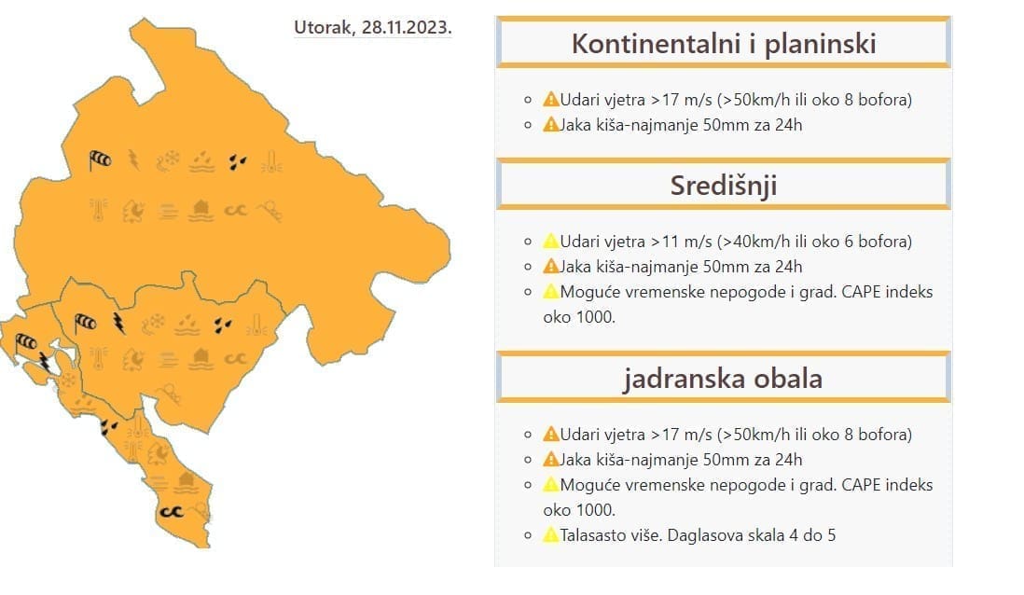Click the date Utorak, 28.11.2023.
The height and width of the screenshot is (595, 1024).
(373, 27)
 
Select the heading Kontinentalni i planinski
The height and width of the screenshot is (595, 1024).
(723, 43)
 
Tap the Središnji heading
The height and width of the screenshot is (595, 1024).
(723, 186)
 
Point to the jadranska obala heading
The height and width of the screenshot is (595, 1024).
(723, 379)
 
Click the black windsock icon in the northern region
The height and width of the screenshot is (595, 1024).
(100, 160)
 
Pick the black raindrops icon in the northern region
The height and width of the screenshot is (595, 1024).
(239, 161)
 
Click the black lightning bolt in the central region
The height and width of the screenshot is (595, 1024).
(118, 323)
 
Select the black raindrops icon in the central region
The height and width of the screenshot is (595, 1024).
(223, 325)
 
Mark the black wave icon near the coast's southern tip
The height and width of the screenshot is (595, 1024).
(171, 511)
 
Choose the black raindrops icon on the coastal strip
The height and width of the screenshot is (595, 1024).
(109, 427)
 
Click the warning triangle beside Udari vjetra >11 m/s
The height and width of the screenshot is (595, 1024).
(550, 242)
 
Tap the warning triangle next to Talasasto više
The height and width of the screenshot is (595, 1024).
(550, 535)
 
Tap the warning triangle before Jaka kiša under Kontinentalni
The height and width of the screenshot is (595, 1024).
(550, 124)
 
